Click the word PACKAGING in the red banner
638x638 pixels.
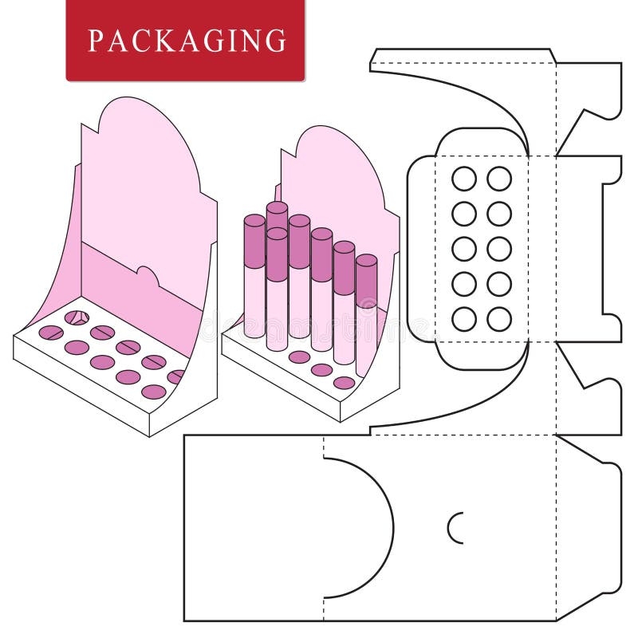[186, 40]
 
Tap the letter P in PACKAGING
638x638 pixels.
[95, 40]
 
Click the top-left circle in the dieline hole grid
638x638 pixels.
[463, 179]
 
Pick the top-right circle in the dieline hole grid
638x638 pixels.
[499, 179]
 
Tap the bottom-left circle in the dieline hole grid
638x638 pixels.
[463, 319]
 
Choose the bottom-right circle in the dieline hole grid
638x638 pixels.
[499, 319]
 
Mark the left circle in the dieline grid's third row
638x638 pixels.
[463, 249]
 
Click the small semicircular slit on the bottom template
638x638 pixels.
[455, 527]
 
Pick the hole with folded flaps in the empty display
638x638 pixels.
[76, 317]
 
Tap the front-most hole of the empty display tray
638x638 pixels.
[153, 392]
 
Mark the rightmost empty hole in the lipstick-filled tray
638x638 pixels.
[344, 383]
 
